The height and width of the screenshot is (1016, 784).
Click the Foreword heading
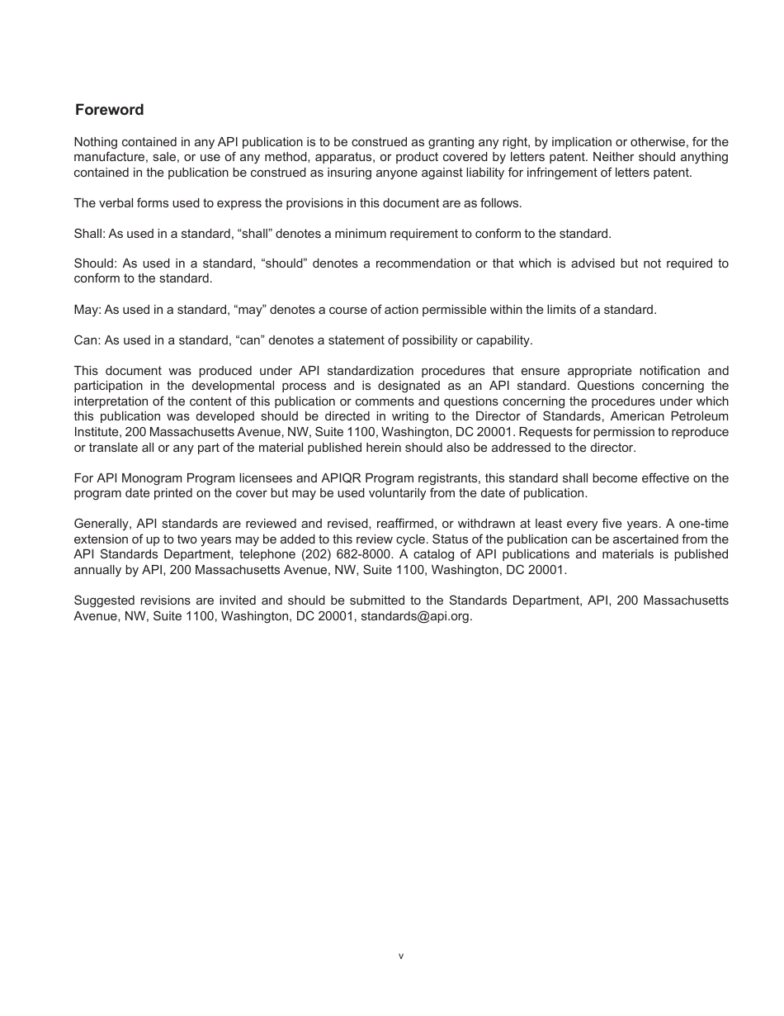(109, 110)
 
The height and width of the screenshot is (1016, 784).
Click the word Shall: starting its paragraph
(89, 234)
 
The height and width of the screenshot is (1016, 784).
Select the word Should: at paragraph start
(95, 263)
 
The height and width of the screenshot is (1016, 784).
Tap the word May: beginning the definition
(87, 310)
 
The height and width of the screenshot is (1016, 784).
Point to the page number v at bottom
(401, 956)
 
